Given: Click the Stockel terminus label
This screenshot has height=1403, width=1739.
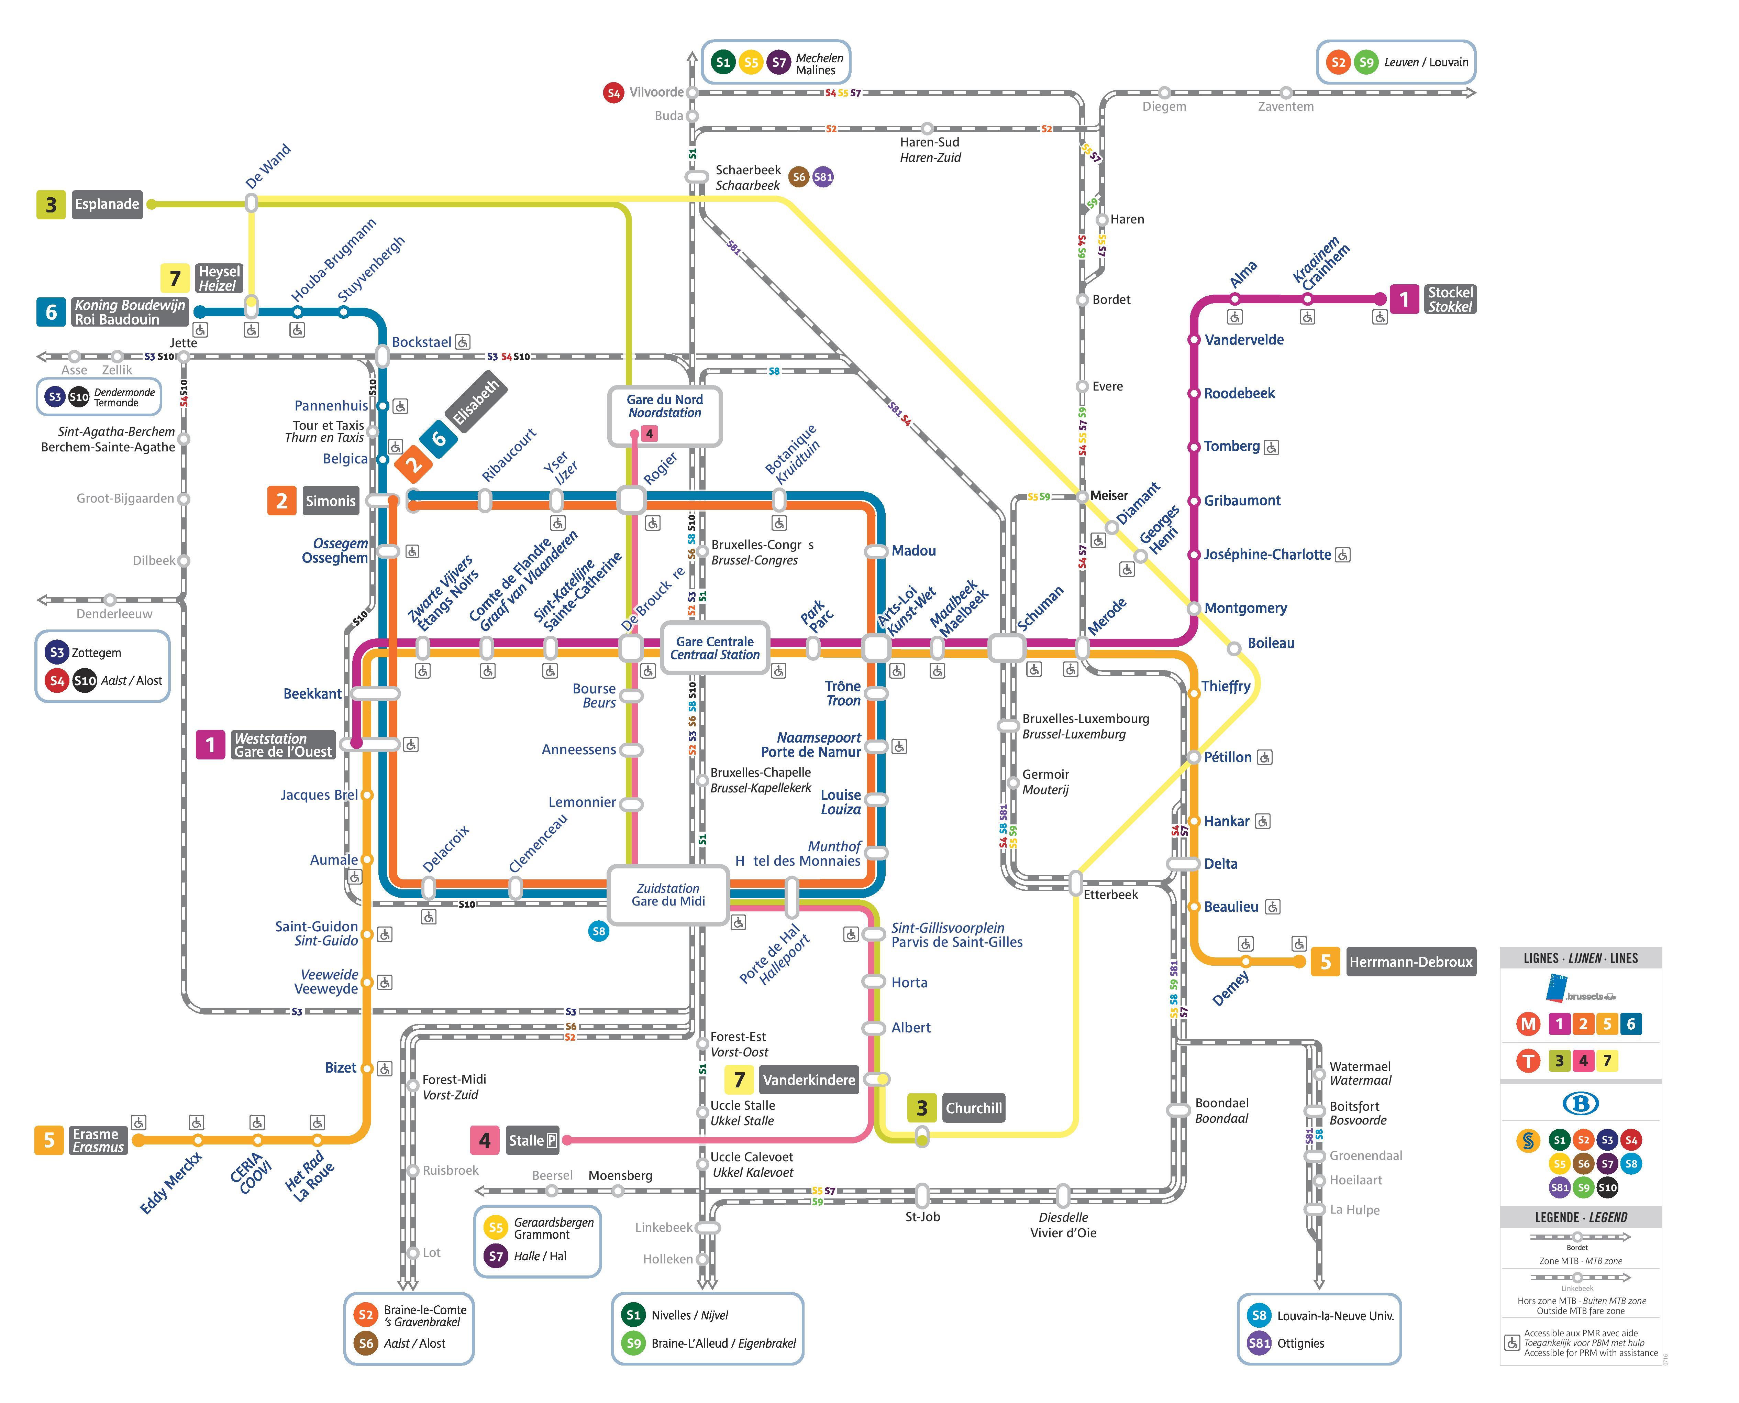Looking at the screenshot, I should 1450,299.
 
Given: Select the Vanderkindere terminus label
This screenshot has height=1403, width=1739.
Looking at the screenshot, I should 809,1080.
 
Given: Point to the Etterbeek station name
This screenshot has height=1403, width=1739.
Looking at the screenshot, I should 1111,895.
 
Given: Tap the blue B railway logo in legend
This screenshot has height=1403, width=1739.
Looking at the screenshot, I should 1581,1103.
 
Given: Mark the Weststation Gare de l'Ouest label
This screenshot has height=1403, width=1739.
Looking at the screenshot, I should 283,744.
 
